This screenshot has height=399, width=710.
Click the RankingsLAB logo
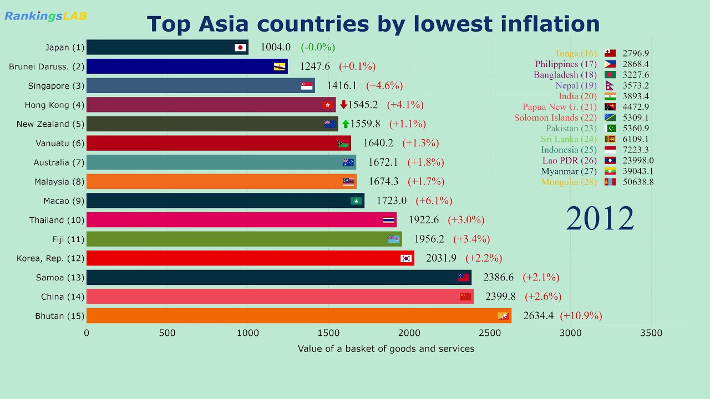45,16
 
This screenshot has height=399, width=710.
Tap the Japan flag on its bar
240,48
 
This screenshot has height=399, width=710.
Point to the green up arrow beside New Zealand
346,124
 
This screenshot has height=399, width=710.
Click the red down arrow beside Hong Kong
343,105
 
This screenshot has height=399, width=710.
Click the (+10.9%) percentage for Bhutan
581,316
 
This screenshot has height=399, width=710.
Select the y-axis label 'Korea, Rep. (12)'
50,258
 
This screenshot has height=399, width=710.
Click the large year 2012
600,218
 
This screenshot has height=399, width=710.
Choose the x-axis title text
386,349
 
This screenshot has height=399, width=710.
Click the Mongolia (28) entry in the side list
569,182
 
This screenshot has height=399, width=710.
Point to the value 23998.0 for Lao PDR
638,161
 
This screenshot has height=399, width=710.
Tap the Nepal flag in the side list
610,86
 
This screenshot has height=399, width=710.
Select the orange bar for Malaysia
221,182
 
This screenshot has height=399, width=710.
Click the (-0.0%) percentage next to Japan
318,48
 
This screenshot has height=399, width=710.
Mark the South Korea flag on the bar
406,258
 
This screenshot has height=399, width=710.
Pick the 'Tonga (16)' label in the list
575,54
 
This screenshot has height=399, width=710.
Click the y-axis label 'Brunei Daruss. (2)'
47,67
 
